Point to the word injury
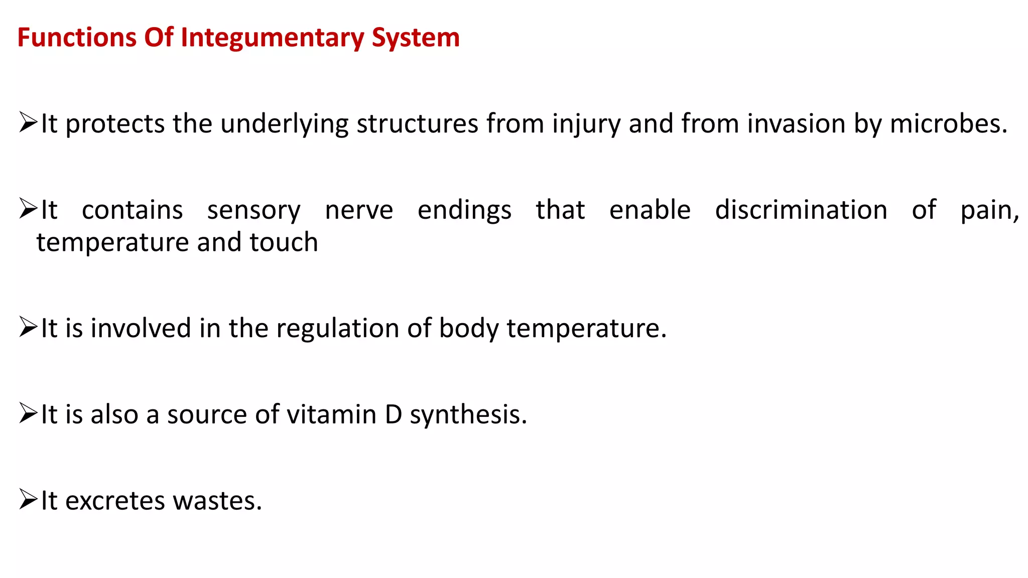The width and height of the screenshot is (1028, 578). (x=586, y=124)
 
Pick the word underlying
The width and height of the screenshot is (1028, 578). (x=284, y=124)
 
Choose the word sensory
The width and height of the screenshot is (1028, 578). (x=254, y=210)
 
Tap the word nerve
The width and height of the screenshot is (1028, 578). (x=359, y=210)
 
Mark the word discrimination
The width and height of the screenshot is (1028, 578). (x=801, y=210)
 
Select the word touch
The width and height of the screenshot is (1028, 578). (x=284, y=242)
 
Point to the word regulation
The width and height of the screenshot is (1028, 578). (x=337, y=329)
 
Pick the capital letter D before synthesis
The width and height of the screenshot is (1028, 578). (x=394, y=415)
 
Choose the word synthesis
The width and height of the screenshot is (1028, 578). (x=468, y=415)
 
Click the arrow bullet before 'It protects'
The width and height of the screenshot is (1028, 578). (x=28, y=123)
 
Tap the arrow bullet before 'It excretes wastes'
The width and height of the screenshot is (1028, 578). (x=28, y=500)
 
